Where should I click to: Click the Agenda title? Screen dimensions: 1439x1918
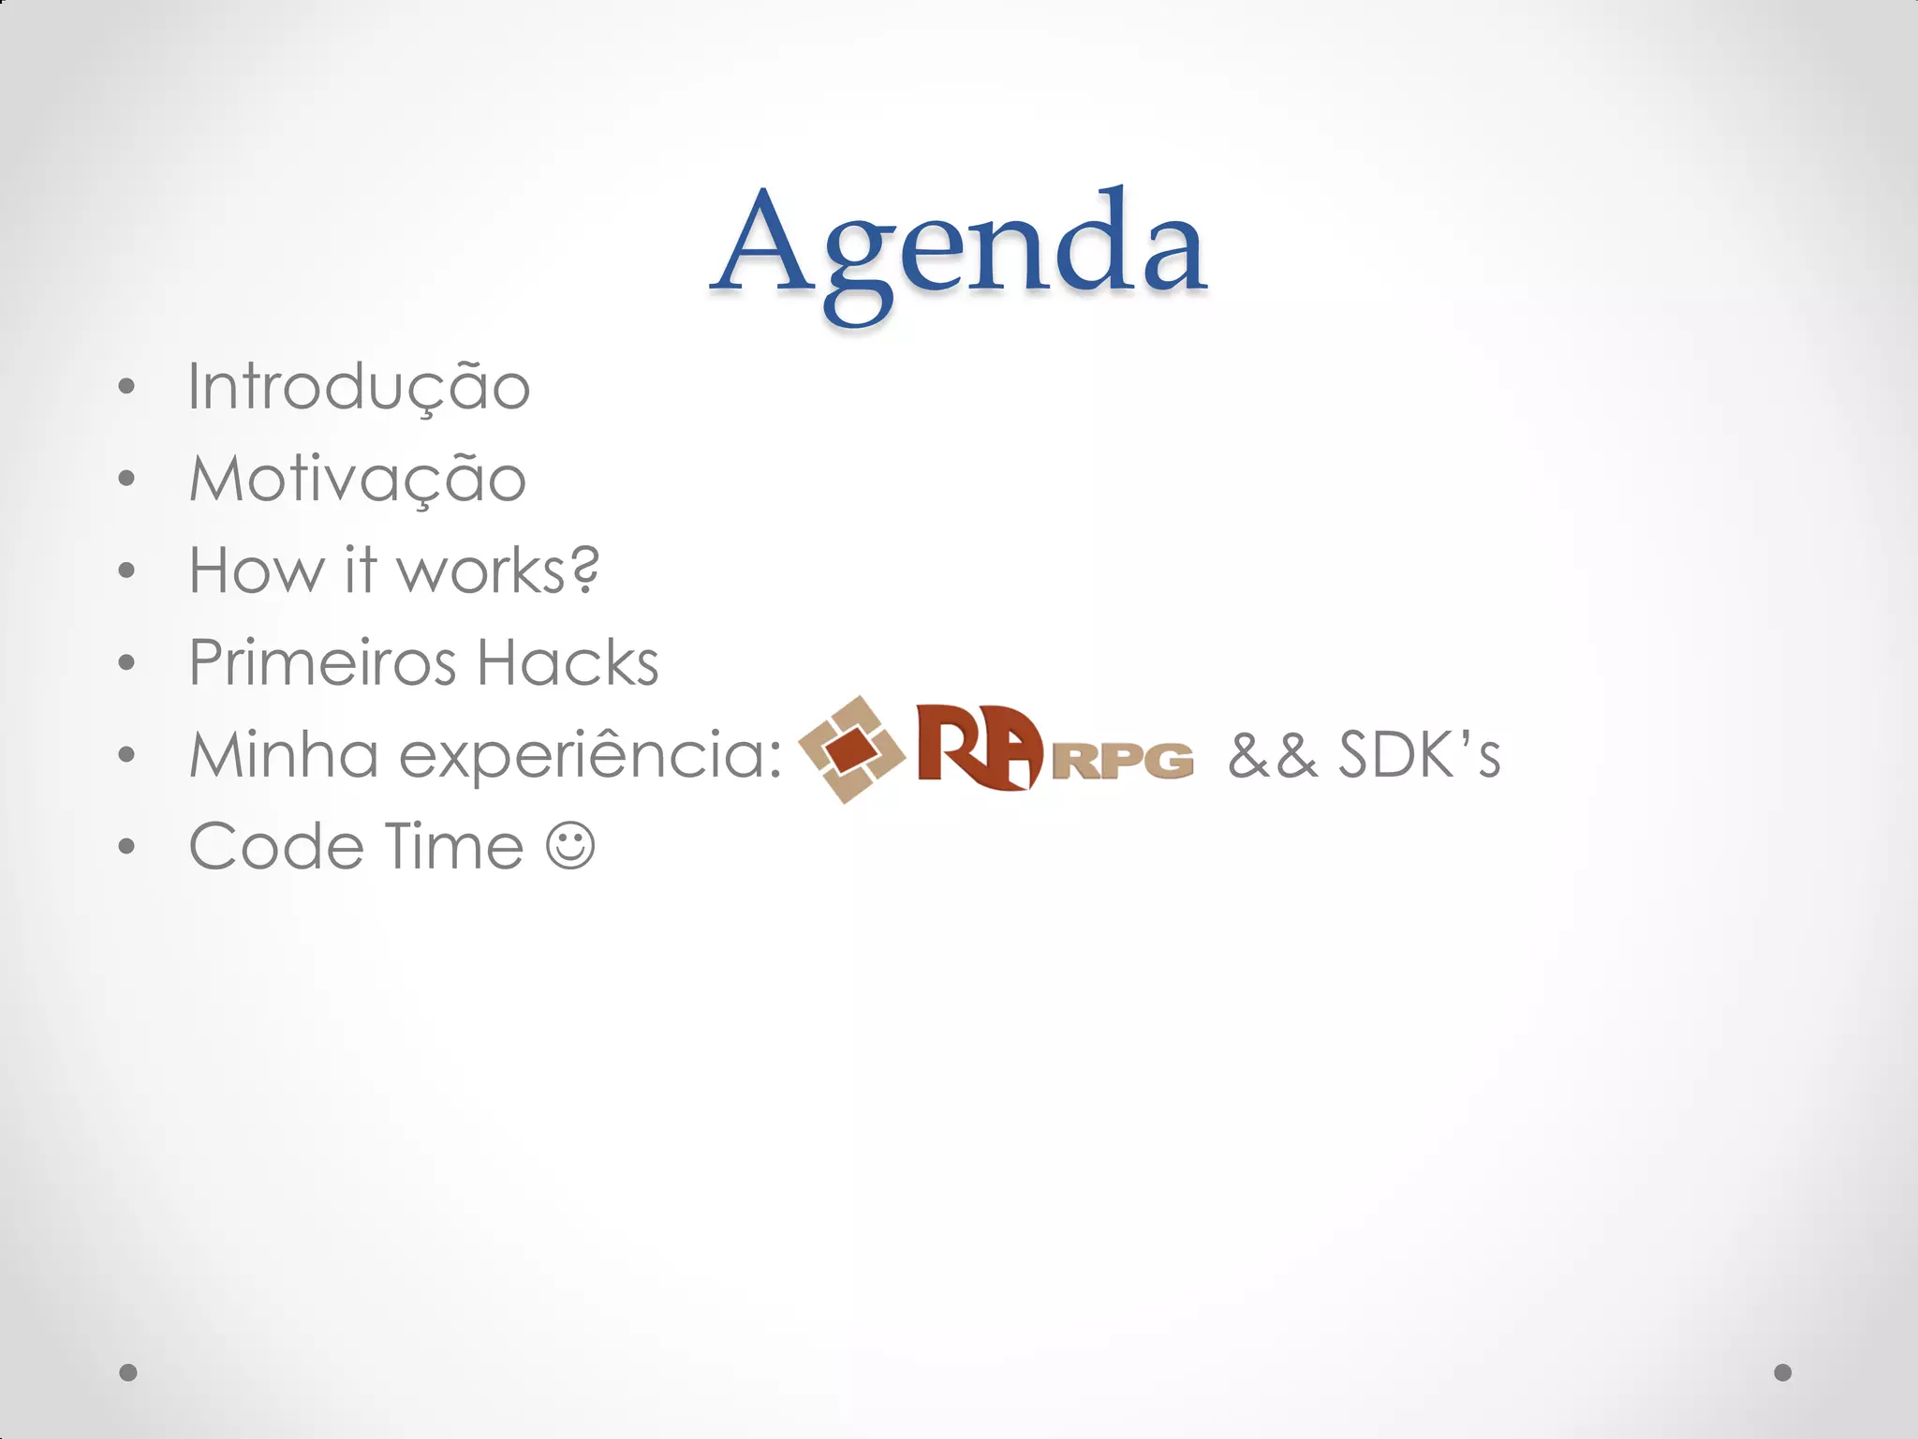(959, 245)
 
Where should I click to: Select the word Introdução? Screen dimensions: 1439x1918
(359, 387)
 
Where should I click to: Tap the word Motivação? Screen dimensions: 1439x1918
(358, 479)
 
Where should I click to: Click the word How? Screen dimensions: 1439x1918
(256, 570)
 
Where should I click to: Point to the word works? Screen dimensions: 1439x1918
(498, 570)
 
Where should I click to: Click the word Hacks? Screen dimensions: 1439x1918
(568, 662)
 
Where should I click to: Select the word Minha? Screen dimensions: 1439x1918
(284, 754)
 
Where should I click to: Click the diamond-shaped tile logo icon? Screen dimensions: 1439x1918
(850, 749)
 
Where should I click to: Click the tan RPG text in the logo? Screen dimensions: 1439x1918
(1123, 761)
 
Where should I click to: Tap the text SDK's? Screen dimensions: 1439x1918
(1419, 755)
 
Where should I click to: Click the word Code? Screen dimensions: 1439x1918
(276, 847)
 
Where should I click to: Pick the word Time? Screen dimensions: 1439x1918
(453, 846)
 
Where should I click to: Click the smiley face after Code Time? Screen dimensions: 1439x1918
(570, 846)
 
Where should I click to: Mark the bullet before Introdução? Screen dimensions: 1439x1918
(127, 387)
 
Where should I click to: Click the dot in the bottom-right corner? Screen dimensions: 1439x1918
(1783, 1372)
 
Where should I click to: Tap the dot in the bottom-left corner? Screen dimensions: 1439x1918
(128, 1372)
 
